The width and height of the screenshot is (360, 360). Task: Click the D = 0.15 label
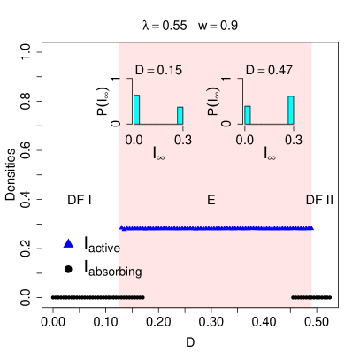coord(158,70)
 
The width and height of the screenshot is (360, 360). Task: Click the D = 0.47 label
coord(269,70)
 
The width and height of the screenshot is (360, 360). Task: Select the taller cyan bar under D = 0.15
coord(137,109)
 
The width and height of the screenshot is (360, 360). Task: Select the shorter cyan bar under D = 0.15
coord(180,115)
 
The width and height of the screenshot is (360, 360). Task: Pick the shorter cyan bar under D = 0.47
coord(248,115)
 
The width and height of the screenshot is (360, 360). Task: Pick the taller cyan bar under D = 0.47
coord(291,109)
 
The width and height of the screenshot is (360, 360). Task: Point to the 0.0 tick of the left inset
coord(135,139)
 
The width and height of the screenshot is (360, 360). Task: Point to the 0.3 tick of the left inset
coord(183,139)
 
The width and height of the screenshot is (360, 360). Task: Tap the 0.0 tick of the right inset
coord(246,139)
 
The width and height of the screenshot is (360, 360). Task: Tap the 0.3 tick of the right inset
coord(294,139)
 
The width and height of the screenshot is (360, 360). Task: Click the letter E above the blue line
coord(211,200)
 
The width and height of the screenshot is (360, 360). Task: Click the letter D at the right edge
coord(310,200)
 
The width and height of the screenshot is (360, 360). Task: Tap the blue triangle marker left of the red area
coord(69,242)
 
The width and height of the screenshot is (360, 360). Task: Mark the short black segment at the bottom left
coord(132,297)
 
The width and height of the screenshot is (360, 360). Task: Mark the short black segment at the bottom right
coord(302,297)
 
